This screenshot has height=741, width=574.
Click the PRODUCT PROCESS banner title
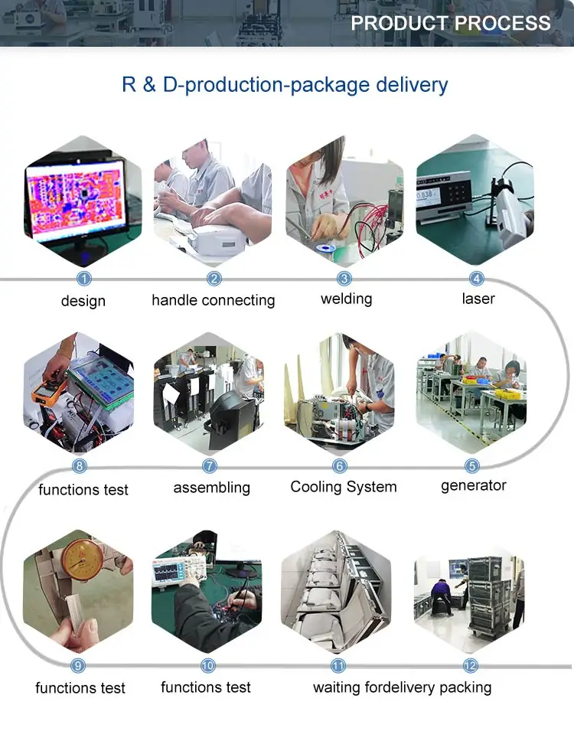click(450, 23)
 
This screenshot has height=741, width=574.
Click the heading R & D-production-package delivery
click(285, 84)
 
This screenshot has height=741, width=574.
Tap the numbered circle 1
click(84, 279)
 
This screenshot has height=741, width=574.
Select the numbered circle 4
click(477, 279)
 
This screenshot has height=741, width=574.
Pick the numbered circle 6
click(340, 465)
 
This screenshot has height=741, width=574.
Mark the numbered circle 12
click(471, 666)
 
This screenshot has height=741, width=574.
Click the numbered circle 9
click(78, 666)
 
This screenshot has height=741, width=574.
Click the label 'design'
click(83, 301)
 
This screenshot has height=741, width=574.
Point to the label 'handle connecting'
click(213, 300)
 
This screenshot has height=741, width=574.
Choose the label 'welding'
click(346, 299)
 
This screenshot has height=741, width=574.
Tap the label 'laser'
click(478, 299)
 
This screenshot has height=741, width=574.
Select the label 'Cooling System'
click(344, 487)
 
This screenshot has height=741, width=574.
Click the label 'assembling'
click(211, 488)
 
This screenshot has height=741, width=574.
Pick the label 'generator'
click(474, 485)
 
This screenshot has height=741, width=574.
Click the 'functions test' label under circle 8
click(83, 489)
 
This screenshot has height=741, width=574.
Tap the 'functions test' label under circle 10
click(206, 687)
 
